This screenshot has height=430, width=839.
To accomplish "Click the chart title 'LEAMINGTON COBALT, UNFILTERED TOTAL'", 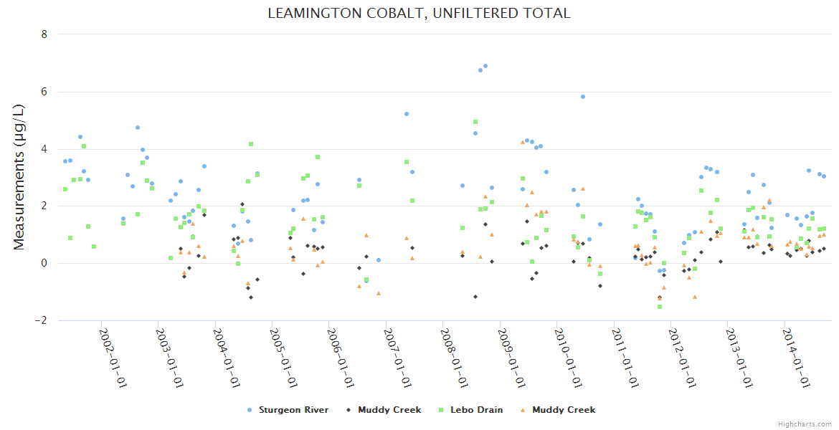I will pos(419,13).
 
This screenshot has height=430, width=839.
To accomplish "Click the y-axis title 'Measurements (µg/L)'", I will pos(19,177).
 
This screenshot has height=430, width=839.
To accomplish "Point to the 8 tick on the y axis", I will pos(44,34).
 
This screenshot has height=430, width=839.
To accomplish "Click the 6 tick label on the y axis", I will pos(44,92).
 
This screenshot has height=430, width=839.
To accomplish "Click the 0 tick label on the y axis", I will pos(44,263).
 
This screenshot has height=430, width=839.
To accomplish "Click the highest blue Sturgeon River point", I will pos(485,66).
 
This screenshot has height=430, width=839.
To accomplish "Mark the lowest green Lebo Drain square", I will pos(660,307).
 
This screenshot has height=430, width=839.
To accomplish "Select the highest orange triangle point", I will pos(523,142).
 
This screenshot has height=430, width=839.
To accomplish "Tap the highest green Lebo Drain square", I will pos(475,122).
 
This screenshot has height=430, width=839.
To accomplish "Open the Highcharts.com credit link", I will pos(805,424).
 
